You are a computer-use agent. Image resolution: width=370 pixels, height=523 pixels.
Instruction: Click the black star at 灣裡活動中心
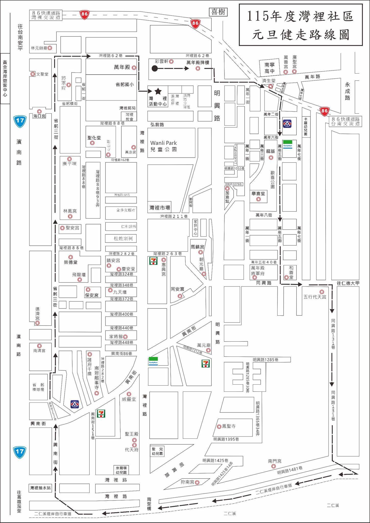158,91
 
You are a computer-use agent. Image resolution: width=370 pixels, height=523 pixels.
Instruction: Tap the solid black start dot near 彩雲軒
154,68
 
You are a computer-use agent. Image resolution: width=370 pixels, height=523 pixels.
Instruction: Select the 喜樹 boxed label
218,12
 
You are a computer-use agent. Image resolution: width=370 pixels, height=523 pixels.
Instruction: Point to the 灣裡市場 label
160,208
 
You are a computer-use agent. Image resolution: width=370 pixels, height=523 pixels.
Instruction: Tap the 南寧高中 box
269,68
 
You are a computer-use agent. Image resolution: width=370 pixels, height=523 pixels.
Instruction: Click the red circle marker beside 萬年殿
134,68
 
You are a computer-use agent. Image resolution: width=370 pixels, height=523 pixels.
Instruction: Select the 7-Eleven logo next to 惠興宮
153,261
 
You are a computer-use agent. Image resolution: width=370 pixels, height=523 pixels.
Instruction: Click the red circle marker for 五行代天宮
322,292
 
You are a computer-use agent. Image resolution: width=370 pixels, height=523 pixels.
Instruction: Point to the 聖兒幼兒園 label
157,452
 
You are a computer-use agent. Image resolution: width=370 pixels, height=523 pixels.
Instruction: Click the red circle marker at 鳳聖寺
219,426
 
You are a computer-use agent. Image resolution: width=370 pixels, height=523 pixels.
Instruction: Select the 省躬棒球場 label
38,387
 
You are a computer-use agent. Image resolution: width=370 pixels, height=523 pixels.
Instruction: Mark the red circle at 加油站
227,189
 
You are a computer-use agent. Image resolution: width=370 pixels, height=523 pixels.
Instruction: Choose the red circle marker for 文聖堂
33,74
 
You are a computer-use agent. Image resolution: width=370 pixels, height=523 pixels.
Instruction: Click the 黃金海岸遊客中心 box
5,78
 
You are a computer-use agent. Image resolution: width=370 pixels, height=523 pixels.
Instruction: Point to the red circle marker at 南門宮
273,466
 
